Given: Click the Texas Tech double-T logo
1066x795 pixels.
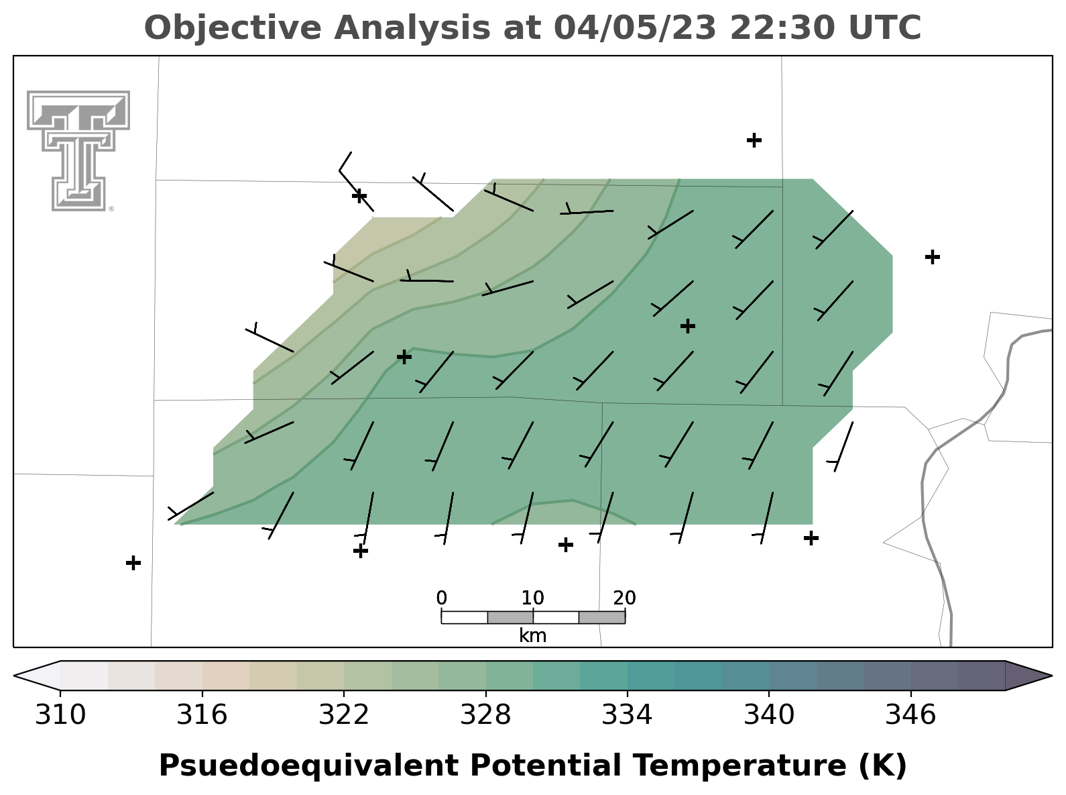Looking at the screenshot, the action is point(78,151).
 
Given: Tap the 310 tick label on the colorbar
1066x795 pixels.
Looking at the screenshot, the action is point(60,714).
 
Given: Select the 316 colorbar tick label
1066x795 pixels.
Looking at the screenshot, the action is point(202,714).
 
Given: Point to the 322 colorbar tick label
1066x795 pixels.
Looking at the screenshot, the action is point(344,714).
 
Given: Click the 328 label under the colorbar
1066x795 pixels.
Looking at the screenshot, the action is point(485,714).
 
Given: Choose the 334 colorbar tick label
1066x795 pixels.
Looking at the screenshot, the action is point(627,714).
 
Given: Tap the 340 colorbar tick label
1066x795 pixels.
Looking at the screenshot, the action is point(769,714).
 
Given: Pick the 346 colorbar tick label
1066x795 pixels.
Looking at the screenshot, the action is point(910,714).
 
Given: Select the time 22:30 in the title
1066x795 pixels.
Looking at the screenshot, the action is point(783,28).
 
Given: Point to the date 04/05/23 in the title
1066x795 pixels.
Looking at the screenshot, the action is point(635,28).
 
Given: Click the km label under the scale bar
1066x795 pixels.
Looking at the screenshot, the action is point(533,635).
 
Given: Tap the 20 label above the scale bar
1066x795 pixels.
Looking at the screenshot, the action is point(625,598).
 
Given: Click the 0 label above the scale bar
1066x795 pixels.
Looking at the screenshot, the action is point(441,598).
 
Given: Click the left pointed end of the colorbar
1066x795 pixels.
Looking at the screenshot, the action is point(15,676).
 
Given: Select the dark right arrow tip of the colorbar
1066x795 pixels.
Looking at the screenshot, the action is point(1051,676).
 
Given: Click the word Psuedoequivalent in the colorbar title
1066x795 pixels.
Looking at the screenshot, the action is point(308,766).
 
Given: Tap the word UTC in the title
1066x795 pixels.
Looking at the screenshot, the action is point(885,28).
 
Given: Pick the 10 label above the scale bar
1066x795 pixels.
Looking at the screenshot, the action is point(533,598).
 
